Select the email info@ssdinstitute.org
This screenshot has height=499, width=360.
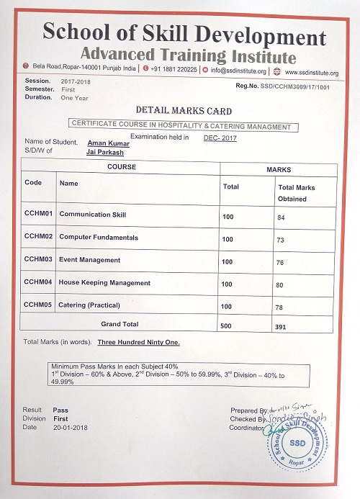238,71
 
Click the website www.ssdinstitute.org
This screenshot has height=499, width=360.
312,71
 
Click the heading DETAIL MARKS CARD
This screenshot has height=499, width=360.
184,111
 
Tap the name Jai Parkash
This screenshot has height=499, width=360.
104,152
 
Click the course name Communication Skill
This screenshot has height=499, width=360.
92,215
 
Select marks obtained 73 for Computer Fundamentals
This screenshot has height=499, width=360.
282,239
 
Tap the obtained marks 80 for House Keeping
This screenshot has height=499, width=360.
282,284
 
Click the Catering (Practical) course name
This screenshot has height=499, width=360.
89,305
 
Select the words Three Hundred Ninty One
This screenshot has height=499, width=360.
138,342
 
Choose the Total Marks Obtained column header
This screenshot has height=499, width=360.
296,193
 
